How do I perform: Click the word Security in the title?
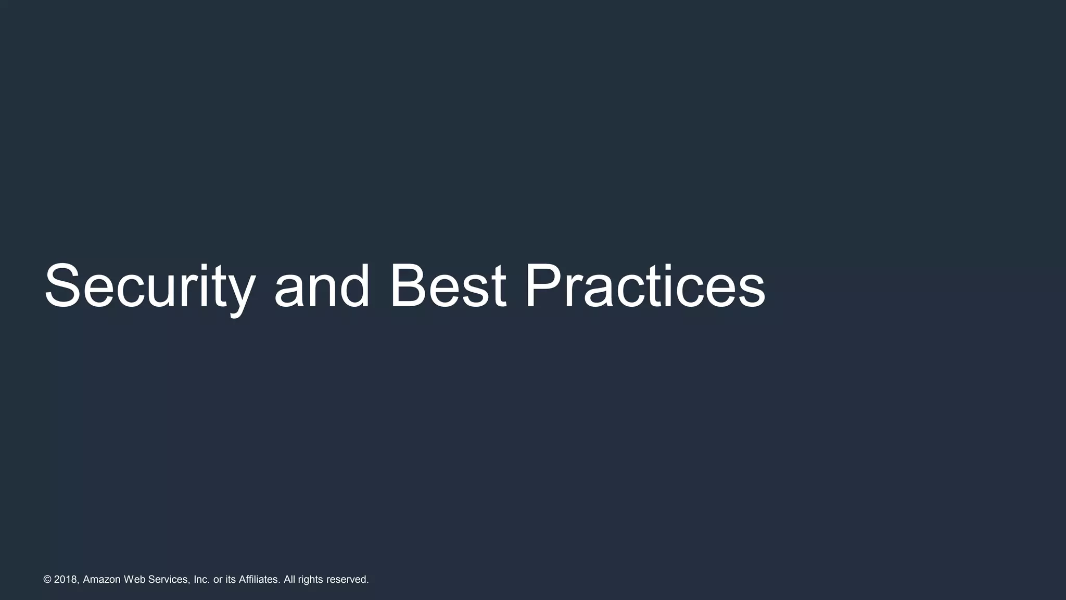coord(149,287)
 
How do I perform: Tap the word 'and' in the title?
coord(322,287)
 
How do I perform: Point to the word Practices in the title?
coord(644,287)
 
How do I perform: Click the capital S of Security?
coord(65,287)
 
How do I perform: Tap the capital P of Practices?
coord(544,287)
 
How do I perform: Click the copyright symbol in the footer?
coord(47,580)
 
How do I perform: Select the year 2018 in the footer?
coord(66,580)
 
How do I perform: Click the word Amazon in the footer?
coord(101,580)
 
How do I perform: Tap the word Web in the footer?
coord(135,580)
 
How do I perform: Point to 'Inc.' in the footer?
coord(201,580)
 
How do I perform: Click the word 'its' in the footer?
coord(231,580)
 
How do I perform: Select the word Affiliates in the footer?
coord(259,580)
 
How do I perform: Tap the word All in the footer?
coord(289,580)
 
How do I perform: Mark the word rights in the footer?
coord(310,580)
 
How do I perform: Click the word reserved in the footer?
coord(347,580)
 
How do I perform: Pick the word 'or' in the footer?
coord(218,580)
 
